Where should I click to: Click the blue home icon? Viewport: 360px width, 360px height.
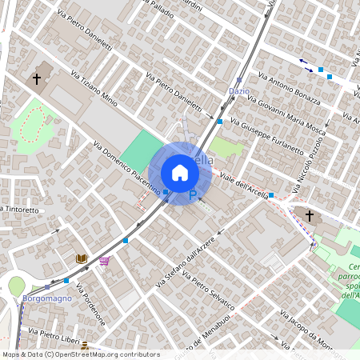click(x=180, y=173)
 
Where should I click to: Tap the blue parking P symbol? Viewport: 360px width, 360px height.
click(x=193, y=194)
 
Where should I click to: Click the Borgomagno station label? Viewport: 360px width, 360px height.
click(x=47, y=298)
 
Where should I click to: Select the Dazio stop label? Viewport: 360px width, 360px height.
click(x=239, y=91)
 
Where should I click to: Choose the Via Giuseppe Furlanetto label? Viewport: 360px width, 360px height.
click(x=267, y=136)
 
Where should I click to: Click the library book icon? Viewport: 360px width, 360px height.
click(x=81, y=258)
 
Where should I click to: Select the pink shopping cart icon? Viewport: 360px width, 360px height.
click(x=104, y=261)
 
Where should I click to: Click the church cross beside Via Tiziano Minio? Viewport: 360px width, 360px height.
click(x=37, y=79)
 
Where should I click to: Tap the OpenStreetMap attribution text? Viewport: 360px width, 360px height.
click(x=81, y=354)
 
